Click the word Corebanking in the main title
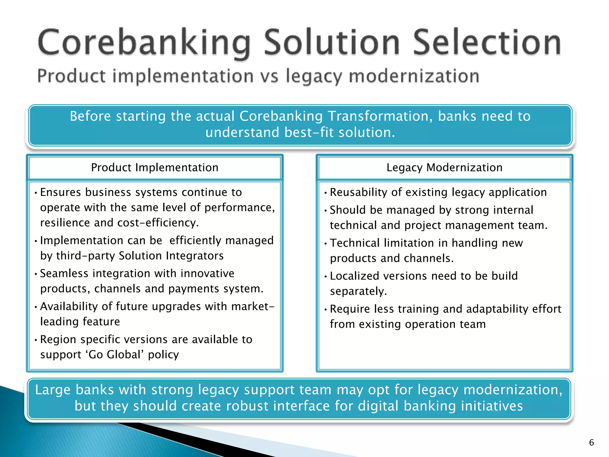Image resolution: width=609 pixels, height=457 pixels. click(x=144, y=43)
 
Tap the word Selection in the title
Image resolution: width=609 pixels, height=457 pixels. click(x=487, y=43)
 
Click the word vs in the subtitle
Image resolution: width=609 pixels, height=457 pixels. click(x=270, y=76)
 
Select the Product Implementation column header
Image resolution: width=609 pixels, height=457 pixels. click(x=155, y=168)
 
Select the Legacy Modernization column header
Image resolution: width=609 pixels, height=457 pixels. click(x=444, y=168)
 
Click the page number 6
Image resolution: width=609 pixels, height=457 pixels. click(x=591, y=442)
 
